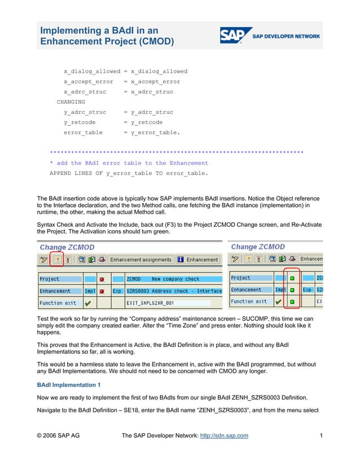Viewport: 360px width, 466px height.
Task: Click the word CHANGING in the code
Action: [x=71, y=102]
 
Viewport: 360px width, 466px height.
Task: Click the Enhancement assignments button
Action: [x=141, y=260]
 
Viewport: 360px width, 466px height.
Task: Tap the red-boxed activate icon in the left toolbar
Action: [x=56, y=260]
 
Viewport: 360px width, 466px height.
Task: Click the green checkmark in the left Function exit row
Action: [x=88, y=302]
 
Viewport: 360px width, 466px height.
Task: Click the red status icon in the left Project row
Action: [x=102, y=279]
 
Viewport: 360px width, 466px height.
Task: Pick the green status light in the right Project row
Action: [x=292, y=278]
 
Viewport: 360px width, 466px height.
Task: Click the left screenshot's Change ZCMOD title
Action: [x=67, y=247]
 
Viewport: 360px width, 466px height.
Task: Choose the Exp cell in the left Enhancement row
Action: [x=117, y=291]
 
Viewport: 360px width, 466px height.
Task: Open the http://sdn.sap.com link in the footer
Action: [x=224, y=436]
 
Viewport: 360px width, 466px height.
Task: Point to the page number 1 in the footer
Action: [x=320, y=436]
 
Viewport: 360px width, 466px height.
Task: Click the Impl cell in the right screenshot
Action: [x=280, y=290]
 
